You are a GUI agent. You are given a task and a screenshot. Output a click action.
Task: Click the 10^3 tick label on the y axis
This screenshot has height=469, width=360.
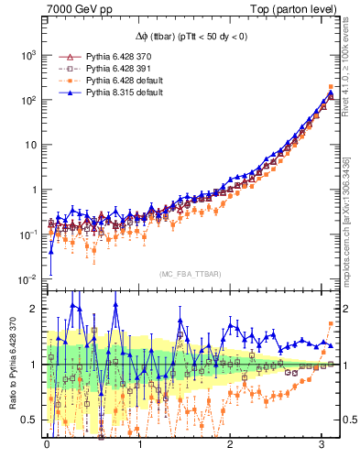coord(30,56)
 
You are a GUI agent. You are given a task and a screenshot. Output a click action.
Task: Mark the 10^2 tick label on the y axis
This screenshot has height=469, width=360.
coord(30,100)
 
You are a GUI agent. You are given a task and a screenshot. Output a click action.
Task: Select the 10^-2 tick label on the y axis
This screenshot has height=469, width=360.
coord(29,278)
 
